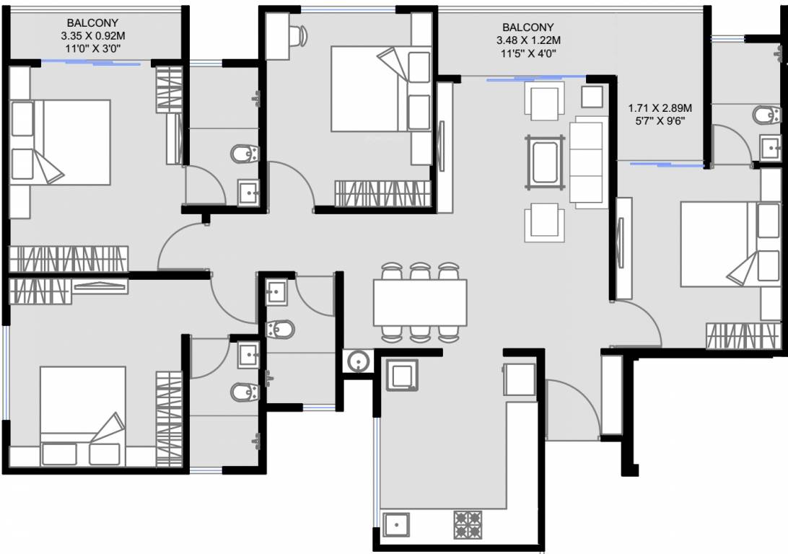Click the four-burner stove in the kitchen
pos(468,524)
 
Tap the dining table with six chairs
pos(419,302)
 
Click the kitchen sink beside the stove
pos(397,524)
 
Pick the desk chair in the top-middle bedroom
pos(301,33)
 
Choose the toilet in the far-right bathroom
pos(765,115)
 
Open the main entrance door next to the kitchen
pos(574,411)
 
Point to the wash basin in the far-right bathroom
pos(771,149)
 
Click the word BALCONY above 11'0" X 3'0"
pos(92,23)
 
